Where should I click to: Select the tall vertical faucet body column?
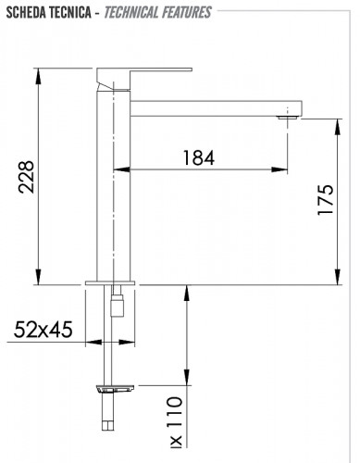(112, 185)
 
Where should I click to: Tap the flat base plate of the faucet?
(112, 282)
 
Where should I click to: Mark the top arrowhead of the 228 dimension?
(37, 73)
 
